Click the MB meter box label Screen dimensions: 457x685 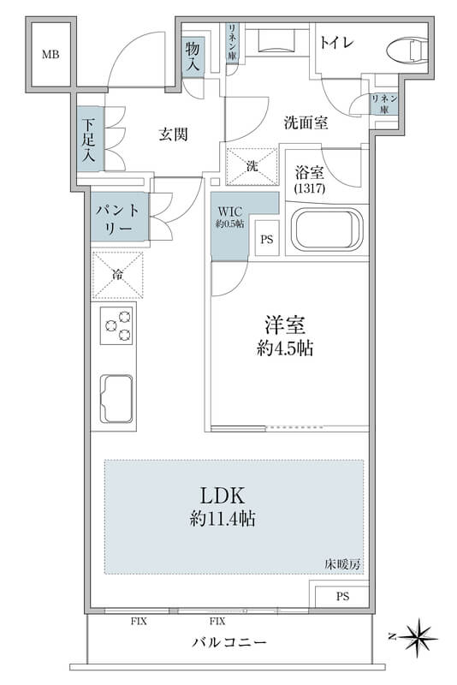(50, 55)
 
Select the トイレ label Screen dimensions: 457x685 (336, 43)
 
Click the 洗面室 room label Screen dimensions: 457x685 (306, 122)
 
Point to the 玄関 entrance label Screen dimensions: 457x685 (173, 134)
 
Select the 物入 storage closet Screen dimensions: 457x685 (193, 56)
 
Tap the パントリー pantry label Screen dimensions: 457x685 (117, 220)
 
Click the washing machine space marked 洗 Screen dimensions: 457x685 (252, 166)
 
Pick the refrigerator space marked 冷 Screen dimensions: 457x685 (117, 274)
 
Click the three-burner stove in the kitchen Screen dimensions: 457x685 (116, 325)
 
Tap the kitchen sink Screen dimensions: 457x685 (116, 399)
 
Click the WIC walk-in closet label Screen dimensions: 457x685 (230, 211)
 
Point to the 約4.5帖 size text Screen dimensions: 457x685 (285, 348)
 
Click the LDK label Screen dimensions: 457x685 (223, 496)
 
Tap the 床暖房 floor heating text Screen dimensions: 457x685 (342, 564)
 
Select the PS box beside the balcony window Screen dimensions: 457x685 (342, 596)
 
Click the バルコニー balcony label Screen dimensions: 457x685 (229, 643)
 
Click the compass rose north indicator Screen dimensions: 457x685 (418, 637)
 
